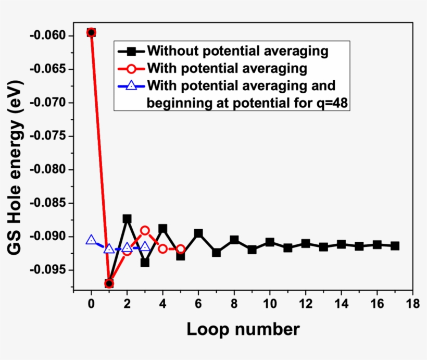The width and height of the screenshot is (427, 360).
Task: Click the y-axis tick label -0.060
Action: (x=49, y=35)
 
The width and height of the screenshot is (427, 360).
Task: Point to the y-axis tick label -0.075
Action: (x=49, y=136)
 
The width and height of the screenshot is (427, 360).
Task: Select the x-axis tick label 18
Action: (x=412, y=304)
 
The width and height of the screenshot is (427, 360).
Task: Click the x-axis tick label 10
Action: (x=270, y=304)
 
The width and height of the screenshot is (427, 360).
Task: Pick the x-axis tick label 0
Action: (x=91, y=304)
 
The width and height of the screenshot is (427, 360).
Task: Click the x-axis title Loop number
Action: (x=243, y=329)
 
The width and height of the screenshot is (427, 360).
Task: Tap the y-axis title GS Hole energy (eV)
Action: (x=16, y=167)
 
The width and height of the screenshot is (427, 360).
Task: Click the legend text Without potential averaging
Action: (x=237, y=51)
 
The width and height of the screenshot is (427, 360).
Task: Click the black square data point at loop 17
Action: (x=395, y=245)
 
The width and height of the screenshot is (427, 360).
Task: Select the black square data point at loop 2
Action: (x=127, y=219)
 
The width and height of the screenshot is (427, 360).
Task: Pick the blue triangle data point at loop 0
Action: (x=91, y=240)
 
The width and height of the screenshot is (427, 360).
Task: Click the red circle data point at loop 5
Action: (x=180, y=249)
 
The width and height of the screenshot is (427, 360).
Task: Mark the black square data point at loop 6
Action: (x=198, y=233)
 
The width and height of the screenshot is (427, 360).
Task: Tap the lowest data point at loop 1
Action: (x=109, y=283)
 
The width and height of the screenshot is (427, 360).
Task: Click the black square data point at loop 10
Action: (x=270, y=242)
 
